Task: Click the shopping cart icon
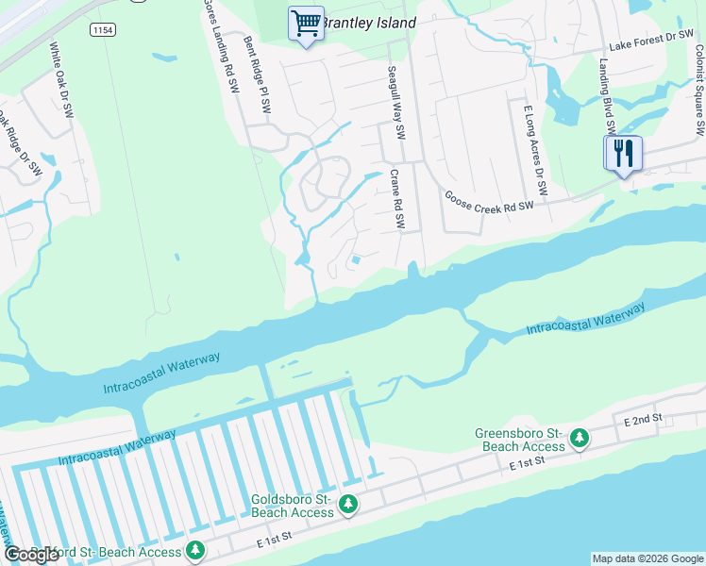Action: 306,23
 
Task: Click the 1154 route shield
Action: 103,30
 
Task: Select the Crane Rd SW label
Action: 399,200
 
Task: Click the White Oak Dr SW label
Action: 60,80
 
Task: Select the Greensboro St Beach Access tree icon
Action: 580,439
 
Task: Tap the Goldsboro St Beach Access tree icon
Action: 348,505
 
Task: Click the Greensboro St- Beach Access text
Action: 519,440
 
